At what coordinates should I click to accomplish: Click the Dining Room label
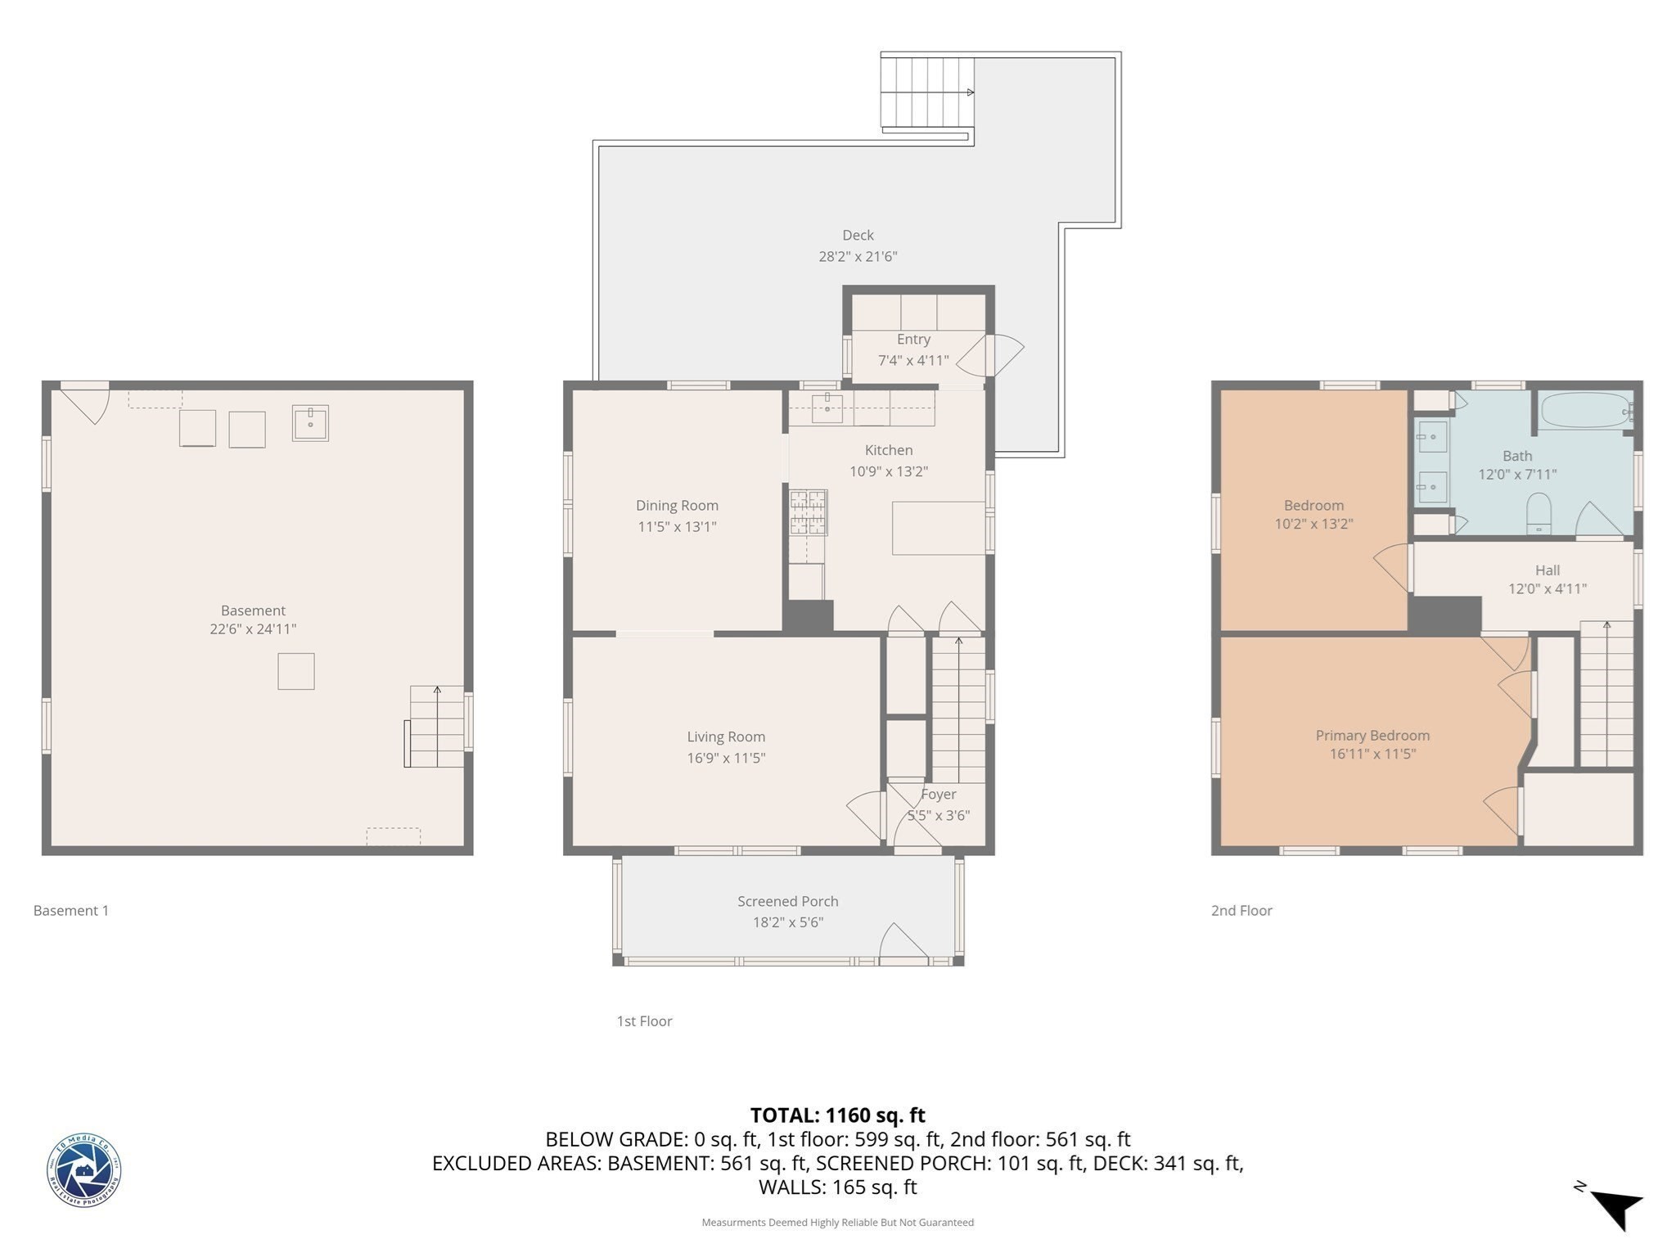point(677,506)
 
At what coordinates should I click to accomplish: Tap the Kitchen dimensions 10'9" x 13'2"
point(888,471)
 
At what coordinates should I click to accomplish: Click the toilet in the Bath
point(1539,513)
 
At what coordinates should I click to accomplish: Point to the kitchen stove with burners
point(808,512)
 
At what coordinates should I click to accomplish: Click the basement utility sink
point(310,423)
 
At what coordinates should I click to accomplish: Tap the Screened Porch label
point(787,901)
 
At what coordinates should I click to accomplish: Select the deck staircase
point(926,92)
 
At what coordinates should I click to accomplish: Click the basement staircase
point(436,726)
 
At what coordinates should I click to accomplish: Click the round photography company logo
point(83,1170)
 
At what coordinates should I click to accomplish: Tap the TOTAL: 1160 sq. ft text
point(837,1115)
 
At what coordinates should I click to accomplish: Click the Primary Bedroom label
point(1372,735)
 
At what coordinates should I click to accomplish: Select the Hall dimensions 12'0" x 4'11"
point(1547,588)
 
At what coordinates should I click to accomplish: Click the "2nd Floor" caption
point(1241,910)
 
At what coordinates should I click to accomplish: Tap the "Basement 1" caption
point(71,910)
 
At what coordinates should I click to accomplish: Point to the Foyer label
point(938,794)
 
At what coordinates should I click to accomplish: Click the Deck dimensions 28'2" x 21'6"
point(858,256)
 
